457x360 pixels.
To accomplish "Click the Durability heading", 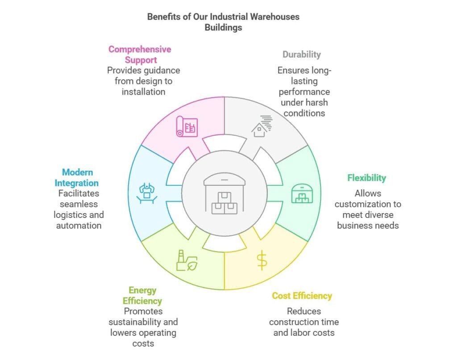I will click(x=301, y=54).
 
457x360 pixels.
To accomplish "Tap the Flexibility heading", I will click(x=366, y=178).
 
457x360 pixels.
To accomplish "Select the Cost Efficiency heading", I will click(x=302, y=296).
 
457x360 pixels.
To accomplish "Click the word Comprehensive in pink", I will click(x=140, y=49).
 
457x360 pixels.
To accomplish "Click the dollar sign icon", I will click(x=262, y=261).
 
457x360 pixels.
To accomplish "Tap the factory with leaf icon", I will click(x=187, y=261).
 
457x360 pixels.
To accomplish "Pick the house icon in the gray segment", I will click(x=262, y=126).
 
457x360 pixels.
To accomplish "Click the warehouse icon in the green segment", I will click(x=301, y=193).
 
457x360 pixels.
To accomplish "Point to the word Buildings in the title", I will click(x=224, y=27).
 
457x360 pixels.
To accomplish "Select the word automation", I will click(x=79, y=226).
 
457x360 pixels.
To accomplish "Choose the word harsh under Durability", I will click(x=316, y=102).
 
